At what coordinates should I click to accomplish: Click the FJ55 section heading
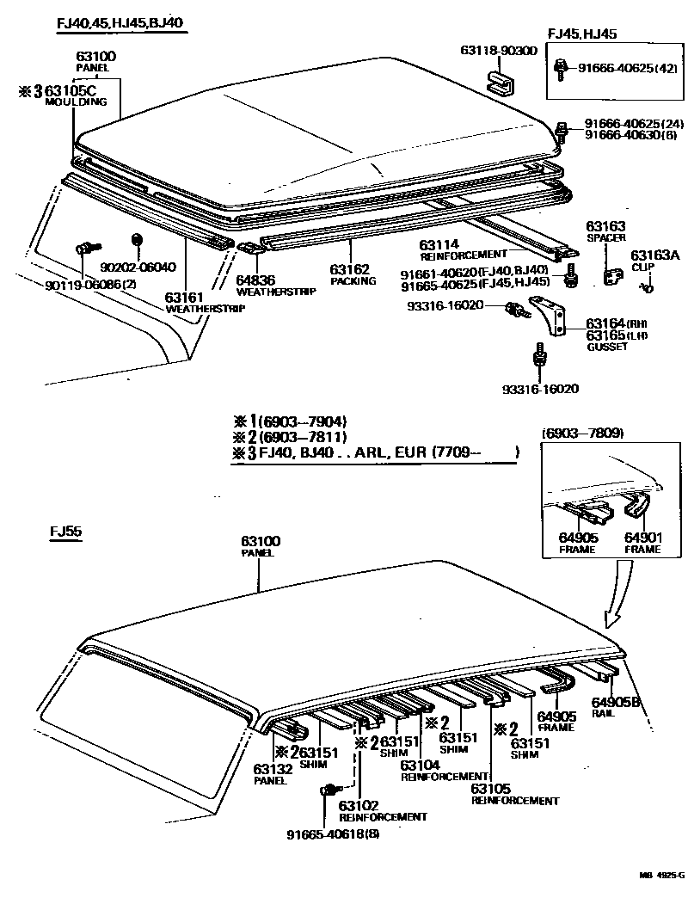tap(64, 532)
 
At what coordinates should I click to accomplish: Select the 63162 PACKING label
tap(353, 274)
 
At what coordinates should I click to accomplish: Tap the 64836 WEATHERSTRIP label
tap(265, 285)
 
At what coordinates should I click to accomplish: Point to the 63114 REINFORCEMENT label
tap(464, 249)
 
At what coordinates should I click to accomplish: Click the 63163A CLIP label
tap(654, 260)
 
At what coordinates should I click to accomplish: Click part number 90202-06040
tap(138, 268)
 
